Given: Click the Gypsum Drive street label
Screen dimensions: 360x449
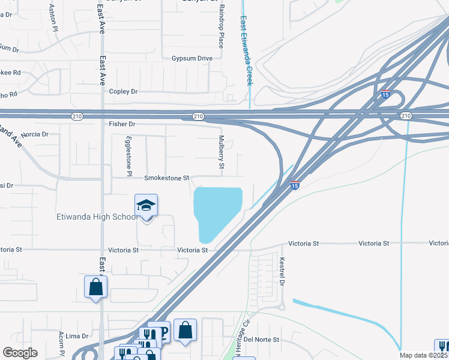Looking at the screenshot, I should [x=192, y=58].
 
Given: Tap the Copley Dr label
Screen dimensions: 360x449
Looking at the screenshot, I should [x=123, y=91].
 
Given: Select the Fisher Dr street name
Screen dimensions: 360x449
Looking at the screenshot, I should [x=122, y=124].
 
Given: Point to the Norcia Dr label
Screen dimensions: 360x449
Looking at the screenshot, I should [x=34, y=134].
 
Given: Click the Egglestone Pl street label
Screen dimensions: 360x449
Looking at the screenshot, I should [x=127, y=154].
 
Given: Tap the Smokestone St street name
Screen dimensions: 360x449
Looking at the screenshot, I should [x=166, y=178].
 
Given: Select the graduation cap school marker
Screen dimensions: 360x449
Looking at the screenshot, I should [x=146, y=206].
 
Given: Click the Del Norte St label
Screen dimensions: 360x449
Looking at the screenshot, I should [x=262, y=339].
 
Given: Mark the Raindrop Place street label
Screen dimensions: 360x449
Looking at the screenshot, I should [x=221, y=26].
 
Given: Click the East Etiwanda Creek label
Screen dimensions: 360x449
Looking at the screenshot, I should [x=246, y=51].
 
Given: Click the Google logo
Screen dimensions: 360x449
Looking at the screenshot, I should [x=20, y=353].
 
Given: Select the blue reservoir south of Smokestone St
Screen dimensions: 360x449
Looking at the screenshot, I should [x=216, y=212].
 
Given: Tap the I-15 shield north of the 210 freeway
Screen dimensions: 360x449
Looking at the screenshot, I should [x=386, y=94].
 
